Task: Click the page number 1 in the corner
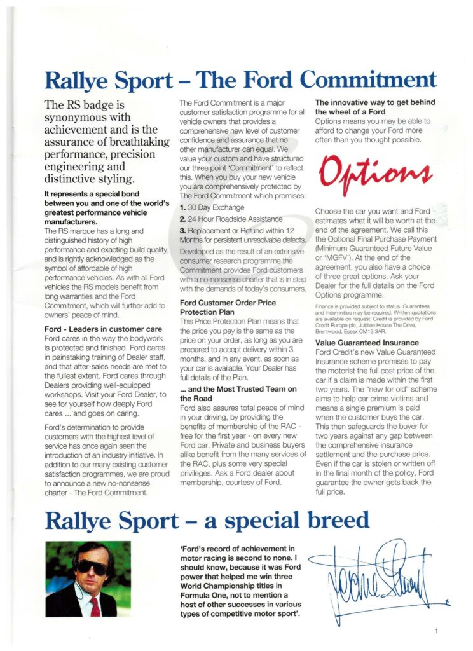437,631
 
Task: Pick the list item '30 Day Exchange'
212,207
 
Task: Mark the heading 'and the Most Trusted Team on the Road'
238,394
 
